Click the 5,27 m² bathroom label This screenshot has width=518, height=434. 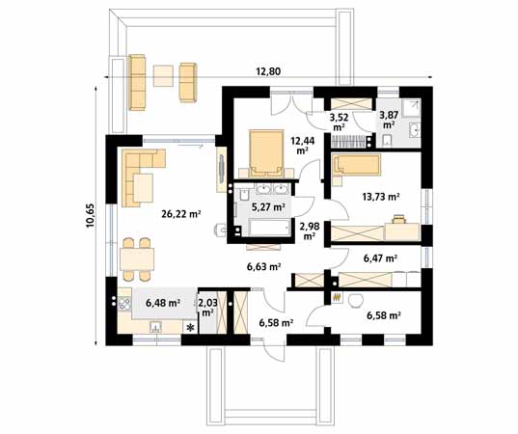[x=269, y=206]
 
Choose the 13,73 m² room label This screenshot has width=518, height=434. [x=380, y=197]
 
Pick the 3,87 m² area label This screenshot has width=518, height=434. [x=389, y=120]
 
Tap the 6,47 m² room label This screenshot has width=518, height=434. [x=382, y=258]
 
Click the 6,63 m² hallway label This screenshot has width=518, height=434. [x=261, y=266]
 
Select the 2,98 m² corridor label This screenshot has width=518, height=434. [x=309, y=231]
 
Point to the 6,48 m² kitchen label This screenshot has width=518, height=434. [x=163, y=303]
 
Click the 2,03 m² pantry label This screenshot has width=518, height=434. [x=207, y=307]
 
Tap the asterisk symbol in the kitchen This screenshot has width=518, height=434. [x=190, y=328]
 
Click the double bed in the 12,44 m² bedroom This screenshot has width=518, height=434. [x=262, y=149]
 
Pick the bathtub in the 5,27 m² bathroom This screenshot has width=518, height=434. [x=264, y=229]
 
